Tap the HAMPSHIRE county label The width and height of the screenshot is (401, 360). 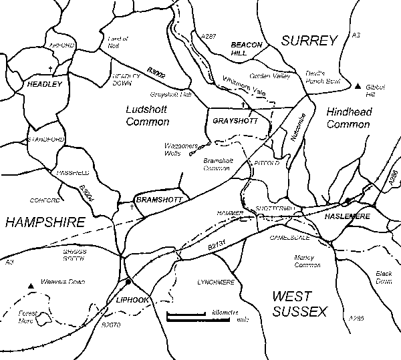point(43,222)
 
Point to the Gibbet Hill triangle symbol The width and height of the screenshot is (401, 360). point(358,86)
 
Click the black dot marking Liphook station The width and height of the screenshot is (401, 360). point(127,281)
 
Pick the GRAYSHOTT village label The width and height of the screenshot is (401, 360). point(231,121)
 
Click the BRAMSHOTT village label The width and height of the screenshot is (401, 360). point(154,200)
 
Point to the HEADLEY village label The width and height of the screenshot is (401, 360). point(44,85)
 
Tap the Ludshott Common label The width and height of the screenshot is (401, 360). point(148,114)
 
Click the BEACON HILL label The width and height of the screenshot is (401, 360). point(244,47)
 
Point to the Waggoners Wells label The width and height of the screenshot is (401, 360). point(177,149)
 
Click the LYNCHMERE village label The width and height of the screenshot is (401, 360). point(215,283)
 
